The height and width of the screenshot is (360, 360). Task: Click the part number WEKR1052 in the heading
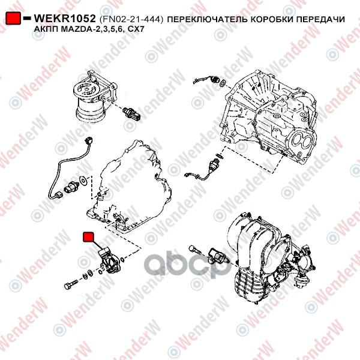click(x=65, y=19)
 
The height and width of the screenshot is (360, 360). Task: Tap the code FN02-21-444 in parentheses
click(x=131, y=19)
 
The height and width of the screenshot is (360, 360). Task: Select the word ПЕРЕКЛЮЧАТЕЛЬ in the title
click(x=207, y=19)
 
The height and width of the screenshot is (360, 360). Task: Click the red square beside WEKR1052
click(x=13, y=19)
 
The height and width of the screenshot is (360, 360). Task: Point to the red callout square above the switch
click(x=88, y=237)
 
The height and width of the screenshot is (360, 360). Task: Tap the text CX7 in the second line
click(x=136, y=29)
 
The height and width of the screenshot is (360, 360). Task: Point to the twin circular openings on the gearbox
click(x=301, y=140)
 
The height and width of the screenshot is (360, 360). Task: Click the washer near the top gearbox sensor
click(x=223, y=82)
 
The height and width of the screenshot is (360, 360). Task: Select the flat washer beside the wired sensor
click(x=83, y=180)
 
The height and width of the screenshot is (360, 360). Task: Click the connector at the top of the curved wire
click(x=88, y=140)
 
